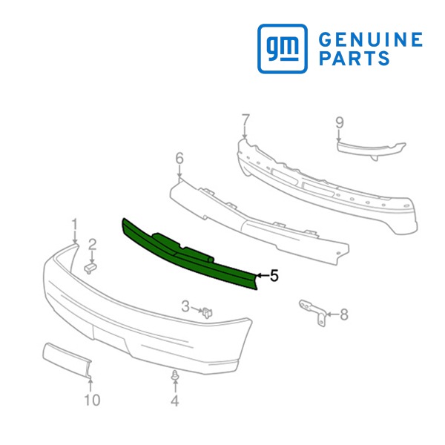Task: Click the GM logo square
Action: (283, 48)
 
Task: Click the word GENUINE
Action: (371, 39)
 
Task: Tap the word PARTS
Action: (355, 58)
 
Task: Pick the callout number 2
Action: (93, 245)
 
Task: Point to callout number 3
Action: (185, 307)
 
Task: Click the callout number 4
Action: (175, 400)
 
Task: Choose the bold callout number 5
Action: (274, 276)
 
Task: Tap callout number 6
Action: (179, 159)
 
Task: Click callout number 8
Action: (344, 314)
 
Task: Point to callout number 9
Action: (340, 123)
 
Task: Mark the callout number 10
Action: (92, 400)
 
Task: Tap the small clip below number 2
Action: (90, 268)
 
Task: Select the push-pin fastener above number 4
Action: (175, 376)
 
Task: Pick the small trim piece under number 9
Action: (372, 150)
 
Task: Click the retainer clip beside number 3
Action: (208, 313)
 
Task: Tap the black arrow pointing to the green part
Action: (263, 275)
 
